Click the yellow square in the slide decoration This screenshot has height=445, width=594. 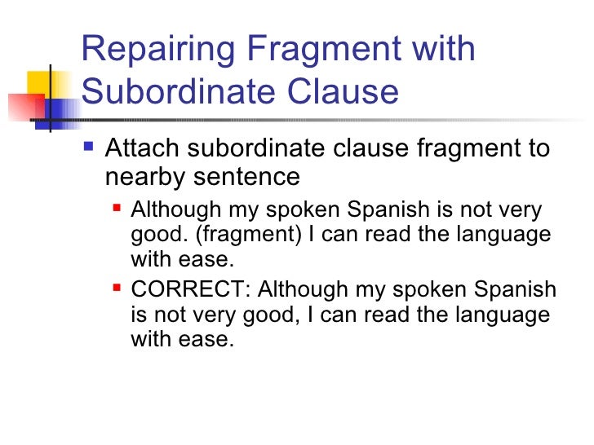tap(39, 84)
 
